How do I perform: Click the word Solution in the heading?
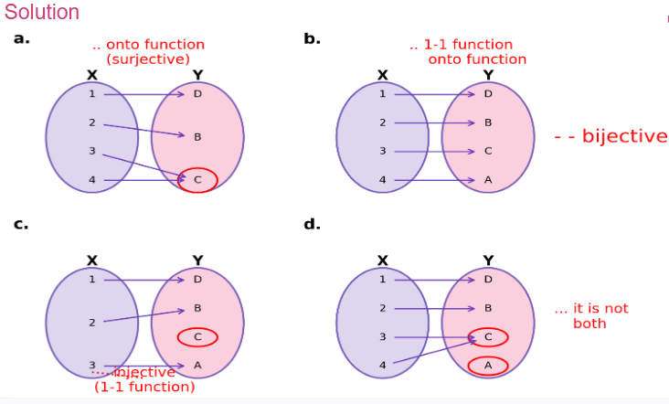(42, 13)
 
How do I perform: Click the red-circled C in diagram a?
(197, 180)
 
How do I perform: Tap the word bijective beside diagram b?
(624, 136)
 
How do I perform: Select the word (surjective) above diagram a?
(148, 58)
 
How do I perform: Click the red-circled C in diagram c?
(197, 337)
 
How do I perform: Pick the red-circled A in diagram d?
(488, 366)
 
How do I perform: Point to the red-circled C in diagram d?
(488, 337)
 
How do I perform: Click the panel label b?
(312, 38)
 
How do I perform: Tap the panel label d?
(312, 223)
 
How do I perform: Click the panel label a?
(21, 38)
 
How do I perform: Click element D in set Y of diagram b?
(488, 93)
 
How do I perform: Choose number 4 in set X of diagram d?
(383, 366)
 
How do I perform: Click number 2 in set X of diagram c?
(92, 323)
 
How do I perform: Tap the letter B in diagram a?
(197, 137)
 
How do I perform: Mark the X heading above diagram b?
(382, 75)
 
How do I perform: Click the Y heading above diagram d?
(488, 260)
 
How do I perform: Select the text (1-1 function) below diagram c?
(144, 387)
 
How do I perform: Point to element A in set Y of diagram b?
(488, 180)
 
